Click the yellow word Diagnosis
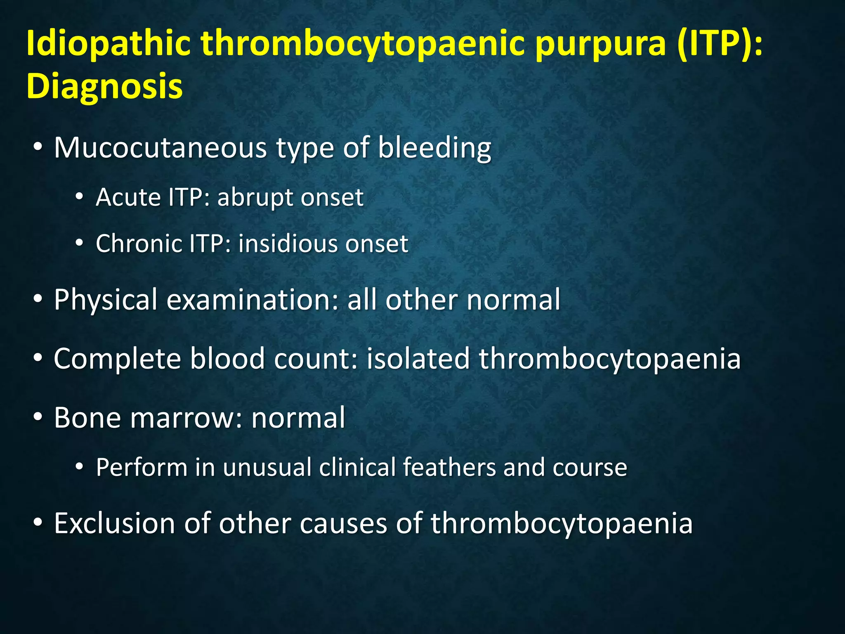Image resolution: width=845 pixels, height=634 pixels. (104, 86)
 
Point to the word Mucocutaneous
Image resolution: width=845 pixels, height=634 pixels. (161, 147)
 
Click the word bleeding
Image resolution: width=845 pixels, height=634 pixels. (434, 147)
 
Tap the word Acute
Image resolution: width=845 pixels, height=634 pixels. (128, 197)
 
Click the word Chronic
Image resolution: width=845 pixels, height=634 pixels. (139, 244)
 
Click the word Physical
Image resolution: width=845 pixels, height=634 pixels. (106, 300)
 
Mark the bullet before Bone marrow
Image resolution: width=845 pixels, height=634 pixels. (38, 418)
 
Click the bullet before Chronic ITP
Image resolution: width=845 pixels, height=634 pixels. (79, 244)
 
